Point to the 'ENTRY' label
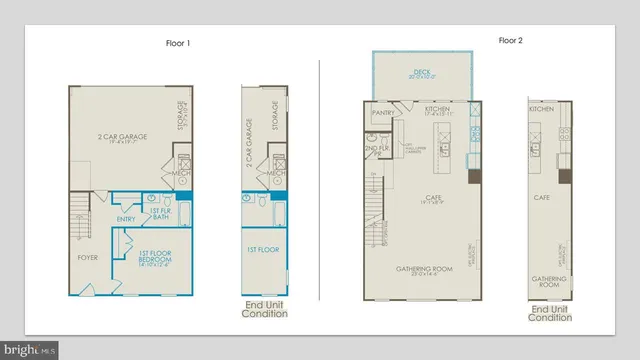(126, 219)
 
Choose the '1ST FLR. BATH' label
(160, 215)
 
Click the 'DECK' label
(419, 73)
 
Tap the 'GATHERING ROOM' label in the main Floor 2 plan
(423, 270)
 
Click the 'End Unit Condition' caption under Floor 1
(265, 309)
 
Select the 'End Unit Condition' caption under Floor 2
(550, 313)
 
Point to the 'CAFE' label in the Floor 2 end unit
(543, 198)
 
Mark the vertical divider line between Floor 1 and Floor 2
(319, 180)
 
